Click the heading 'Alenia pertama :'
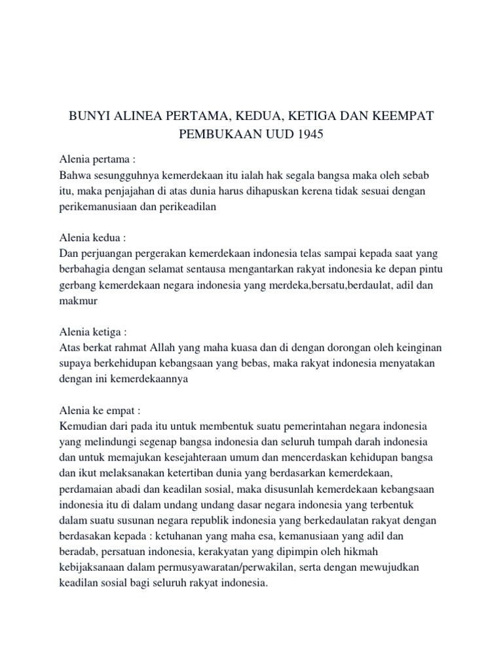(x=97, y=160)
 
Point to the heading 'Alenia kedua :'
(x=93, y=236)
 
